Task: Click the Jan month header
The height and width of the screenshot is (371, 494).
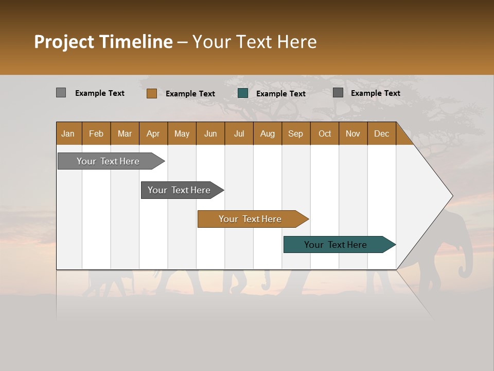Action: pos(68,133)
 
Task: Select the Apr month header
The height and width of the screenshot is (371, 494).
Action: pos(153,133)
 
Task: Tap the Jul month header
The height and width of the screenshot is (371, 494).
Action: pos(239,133)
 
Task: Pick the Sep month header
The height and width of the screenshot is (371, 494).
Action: pos(295,133)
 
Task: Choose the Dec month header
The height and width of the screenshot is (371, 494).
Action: pos(381,133)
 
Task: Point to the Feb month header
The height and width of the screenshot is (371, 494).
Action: pos(96,133)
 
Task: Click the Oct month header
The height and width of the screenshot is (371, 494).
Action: pos(325,133)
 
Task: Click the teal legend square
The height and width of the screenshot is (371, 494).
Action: pos(243,93)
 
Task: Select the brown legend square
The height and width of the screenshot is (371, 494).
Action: pos(152,93)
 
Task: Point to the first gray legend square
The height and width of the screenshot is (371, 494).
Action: pos(61,93)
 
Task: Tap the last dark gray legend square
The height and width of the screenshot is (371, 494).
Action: pos(338,93)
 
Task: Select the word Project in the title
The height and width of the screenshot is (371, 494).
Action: pos(65,42)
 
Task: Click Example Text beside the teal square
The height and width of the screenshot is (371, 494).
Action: pos(280,94)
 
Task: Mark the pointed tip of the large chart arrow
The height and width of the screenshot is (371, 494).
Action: pos(452,196)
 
